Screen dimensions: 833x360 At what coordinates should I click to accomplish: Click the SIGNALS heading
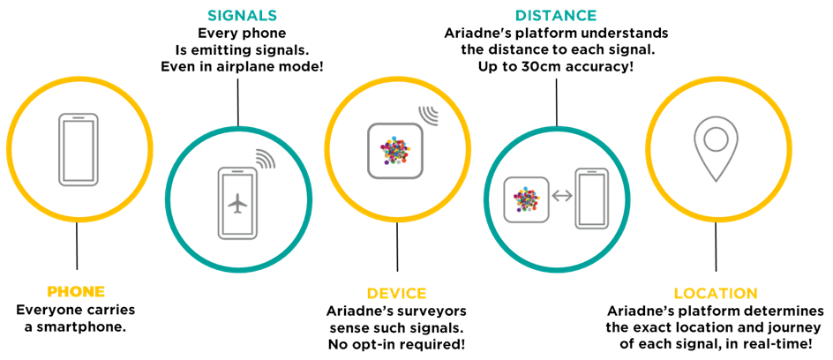tap(242, 16)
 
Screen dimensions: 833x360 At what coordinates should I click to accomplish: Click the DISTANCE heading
tap(555, 16)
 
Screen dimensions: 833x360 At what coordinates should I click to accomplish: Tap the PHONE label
tap(76, 292)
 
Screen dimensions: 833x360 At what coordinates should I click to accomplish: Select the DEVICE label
tap(396, 294)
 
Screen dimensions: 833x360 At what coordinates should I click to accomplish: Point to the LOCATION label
tap(715, 294)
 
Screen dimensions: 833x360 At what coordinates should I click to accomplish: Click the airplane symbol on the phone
tap(237, 204)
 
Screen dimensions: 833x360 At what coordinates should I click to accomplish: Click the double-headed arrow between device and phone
tap(562, 196)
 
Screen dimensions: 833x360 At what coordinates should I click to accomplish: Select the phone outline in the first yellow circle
tap(78, 149)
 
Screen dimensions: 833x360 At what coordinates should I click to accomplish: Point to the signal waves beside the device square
tap(428, 116)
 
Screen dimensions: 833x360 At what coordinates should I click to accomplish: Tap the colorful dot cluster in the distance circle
tap(526, 199)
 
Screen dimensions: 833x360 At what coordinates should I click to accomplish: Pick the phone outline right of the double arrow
tap(591, 198)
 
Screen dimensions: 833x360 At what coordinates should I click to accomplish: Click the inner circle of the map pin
tap(716, 139)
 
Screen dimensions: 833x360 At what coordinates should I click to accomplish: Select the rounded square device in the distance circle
tap(526, 199)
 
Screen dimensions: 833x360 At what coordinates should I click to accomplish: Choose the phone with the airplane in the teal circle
tap(237, 203)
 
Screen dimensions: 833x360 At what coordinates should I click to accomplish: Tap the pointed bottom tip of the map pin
tap(716, 178)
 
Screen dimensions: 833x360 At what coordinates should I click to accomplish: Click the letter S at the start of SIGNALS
tap(212, 16)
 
